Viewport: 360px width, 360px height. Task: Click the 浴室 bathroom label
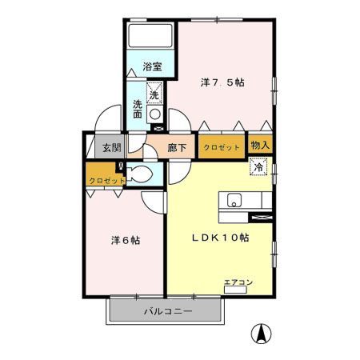pyautogui.click(x=152, y=68)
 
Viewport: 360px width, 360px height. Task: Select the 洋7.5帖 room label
pyautogui.click(x=222, y=81)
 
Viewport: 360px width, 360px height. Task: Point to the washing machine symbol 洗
pyautogui.click(x=154, y=93)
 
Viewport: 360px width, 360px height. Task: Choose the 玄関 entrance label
pyautogui.click(x=111, y=148)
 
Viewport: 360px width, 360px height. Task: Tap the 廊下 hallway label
pyautogui.click(x=178, y=148)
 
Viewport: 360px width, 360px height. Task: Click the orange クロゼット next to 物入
pyautogui.click(x=221, y=148)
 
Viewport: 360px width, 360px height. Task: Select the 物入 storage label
pyautogui.click(x=259, y=146)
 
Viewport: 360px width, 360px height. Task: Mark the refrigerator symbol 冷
pyautogui.click(x=258, y=168)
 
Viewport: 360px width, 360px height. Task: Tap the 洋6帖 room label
pyautogui.click(x=125, y=240)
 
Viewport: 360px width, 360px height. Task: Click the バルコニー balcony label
pyautogui.click(x=167, y=310)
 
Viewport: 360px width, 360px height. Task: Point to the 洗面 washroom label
pyautogui.click(x=138, y=109)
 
